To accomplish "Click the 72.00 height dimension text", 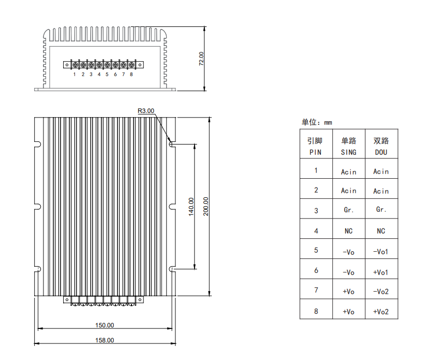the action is pyautogui.click(x=201, y=59).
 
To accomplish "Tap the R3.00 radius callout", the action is pyautogui.click(x=146, y=111).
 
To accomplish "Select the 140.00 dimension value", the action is pyautogui.click(x=191, y=207).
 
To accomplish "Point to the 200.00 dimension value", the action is pyautogui.click(x=206, y=207).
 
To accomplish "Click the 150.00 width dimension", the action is pyautogui.click(x=105, y=325).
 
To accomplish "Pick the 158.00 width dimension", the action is pyautogui.click(x=105, y=340).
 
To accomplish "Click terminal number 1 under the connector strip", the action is pyautogui.click(x=74, y=74).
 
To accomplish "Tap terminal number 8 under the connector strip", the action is pyautogui.click(x=131, y=74).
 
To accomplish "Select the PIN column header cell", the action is pyautogui.click(x=316, y=144).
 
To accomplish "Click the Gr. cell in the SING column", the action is pyautogui.click(x=349, y=210).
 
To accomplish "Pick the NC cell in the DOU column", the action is pyautogui.click(x=381, y=231).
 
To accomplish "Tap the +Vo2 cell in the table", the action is pyautogui.click(x=381, y=312).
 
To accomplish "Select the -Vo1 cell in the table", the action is pyautogui.click(x=380, y=252).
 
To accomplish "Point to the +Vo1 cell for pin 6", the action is pyautogui.click(x=380, y=272).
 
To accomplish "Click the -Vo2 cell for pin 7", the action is pyautogui.click(x=381, y=292).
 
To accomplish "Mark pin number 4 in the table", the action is pyautogui.click(x=316, y=231).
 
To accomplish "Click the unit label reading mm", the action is pyautogui.click(x=328, y=123).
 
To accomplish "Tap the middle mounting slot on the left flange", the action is pyautogui.click(x=38, y=207).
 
